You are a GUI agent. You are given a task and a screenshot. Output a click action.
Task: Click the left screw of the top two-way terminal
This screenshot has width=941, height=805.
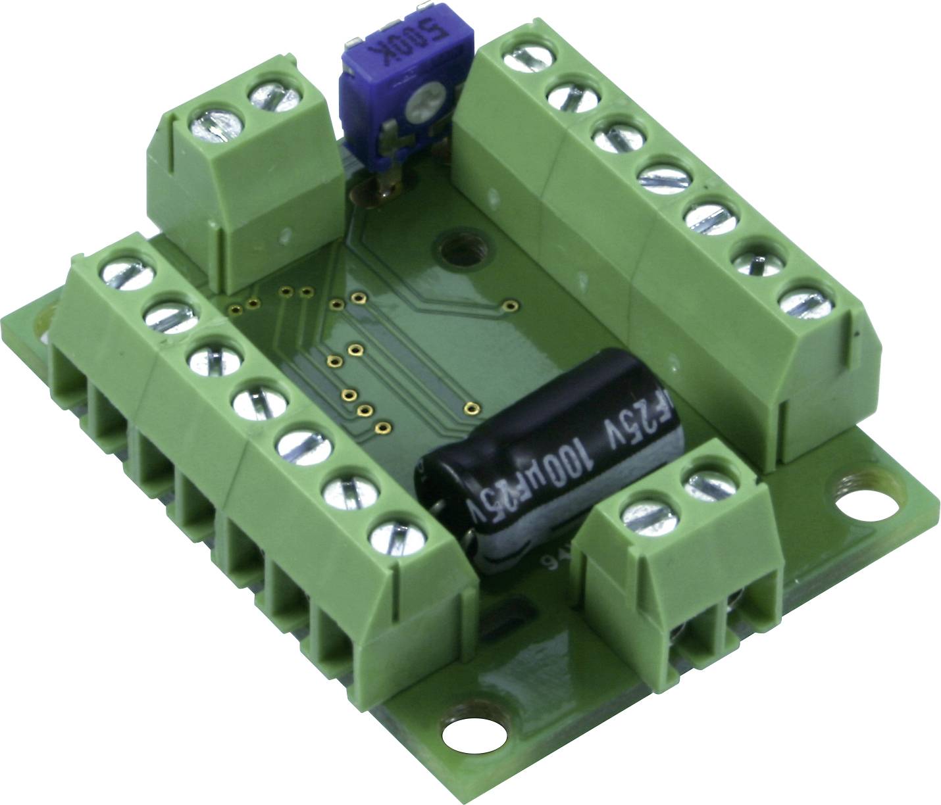214,124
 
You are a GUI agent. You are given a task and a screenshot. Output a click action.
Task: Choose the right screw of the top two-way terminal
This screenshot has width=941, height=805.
274,99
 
